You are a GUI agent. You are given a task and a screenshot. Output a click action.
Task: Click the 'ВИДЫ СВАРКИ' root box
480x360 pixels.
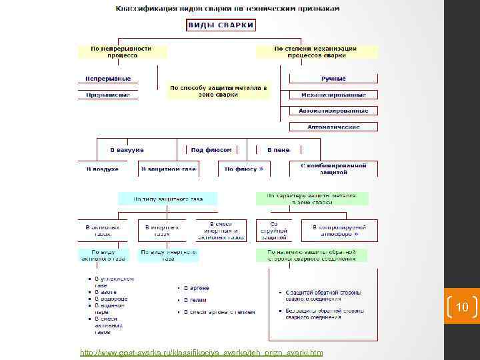pos(220,25)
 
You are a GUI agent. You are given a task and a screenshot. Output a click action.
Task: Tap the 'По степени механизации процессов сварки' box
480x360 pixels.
pos(315,52)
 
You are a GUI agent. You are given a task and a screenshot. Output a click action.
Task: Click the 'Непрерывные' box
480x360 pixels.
pos(108,79)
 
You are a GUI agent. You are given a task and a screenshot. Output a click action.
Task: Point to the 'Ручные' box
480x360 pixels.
pos(333,79)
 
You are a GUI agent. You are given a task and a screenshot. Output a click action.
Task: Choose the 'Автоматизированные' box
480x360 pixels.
pos(333,111)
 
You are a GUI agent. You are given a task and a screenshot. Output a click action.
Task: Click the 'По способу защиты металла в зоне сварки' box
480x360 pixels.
pos(218,91)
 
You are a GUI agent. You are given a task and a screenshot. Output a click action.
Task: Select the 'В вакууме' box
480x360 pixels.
pos(127,150)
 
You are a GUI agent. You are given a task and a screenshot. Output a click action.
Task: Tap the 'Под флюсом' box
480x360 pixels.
pos(211,150)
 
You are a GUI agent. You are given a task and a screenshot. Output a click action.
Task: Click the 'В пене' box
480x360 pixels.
pos(278,150)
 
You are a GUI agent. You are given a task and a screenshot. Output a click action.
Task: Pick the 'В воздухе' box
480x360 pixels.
pos(103,169)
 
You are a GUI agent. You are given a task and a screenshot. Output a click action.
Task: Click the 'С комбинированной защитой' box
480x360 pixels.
pos(333,168)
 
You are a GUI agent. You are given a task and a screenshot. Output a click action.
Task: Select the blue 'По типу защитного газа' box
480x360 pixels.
pos(168,199)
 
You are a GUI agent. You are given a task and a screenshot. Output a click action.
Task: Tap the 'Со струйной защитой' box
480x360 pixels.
pos(274,230)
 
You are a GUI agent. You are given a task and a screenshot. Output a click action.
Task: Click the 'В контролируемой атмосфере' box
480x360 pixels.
pos(339,230)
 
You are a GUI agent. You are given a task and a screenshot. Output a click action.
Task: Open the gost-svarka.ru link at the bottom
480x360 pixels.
pos(201,352)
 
